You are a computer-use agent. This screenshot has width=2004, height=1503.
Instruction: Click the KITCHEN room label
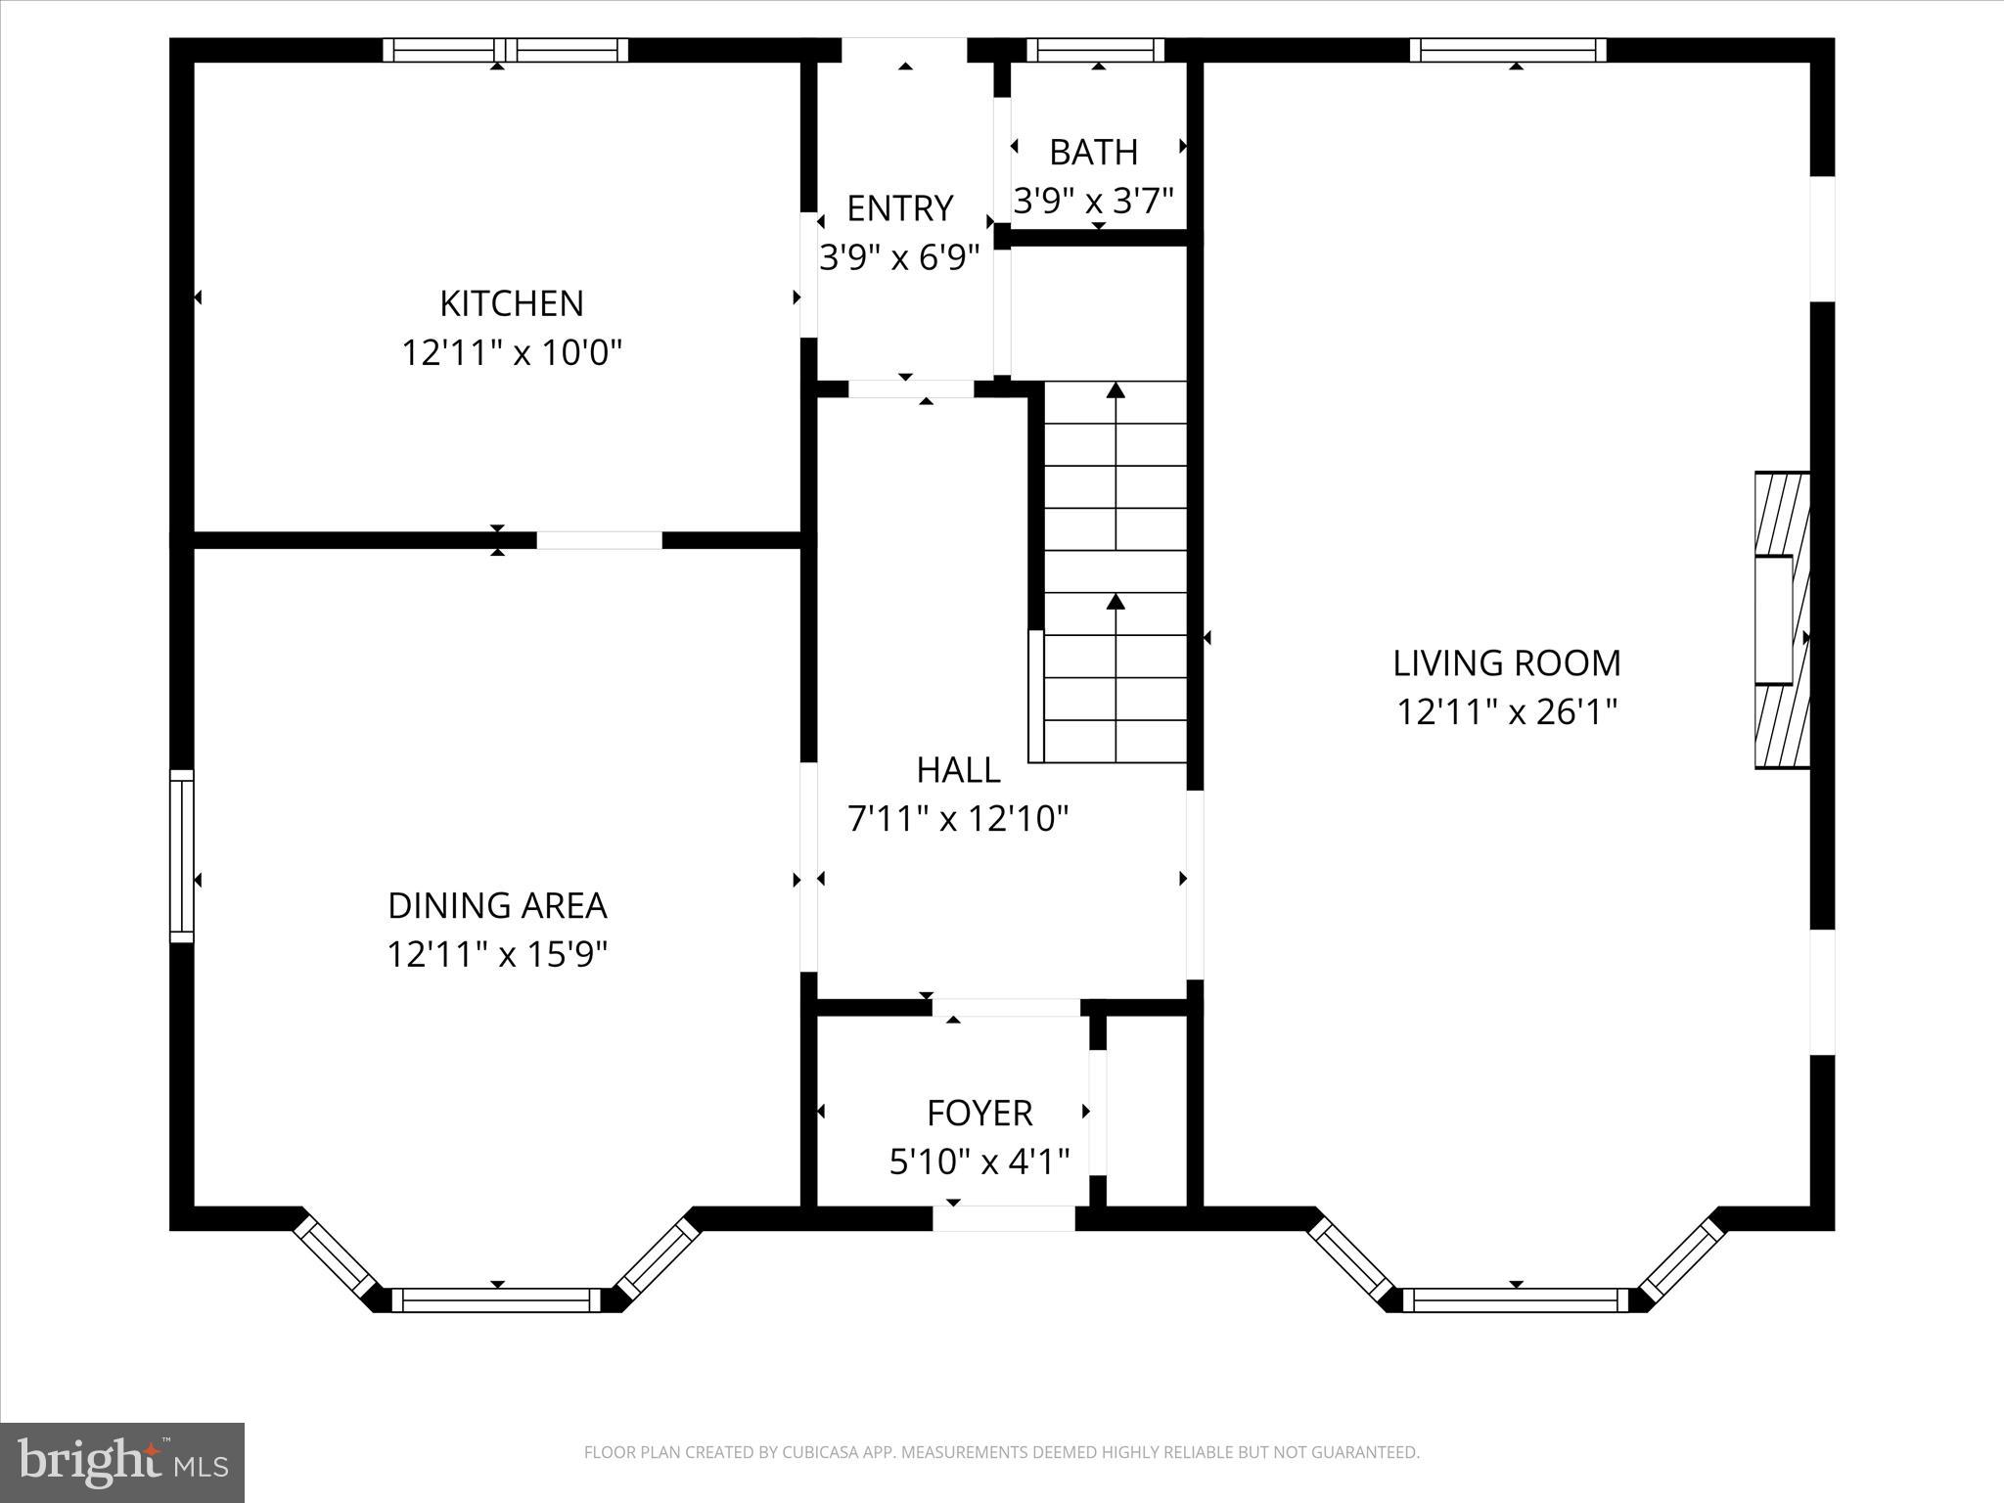point(511,303)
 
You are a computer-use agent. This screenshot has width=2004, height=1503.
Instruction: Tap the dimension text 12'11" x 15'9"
point(497,954)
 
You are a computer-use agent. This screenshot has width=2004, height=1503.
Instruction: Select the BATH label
point(1093,153)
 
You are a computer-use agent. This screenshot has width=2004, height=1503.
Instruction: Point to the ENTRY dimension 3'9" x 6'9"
point(899,258)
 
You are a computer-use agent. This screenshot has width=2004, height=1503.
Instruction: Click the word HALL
point(958,771)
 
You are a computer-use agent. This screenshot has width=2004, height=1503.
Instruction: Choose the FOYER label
point(979,1114)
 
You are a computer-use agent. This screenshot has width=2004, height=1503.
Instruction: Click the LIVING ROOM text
point(1506,663)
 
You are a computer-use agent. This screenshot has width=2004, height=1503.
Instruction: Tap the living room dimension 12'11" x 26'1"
point(1506,712)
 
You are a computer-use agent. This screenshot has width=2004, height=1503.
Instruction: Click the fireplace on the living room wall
point(1781,620)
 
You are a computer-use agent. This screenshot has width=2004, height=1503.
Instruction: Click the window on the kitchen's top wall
point(504,50)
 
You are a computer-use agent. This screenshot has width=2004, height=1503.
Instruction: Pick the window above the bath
point(1095,50)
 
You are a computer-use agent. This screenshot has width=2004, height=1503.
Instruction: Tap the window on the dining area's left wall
point(182,856)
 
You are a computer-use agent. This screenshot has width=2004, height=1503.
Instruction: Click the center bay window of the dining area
point(497,1299)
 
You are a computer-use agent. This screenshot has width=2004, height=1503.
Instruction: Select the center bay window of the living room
point(1516,1299)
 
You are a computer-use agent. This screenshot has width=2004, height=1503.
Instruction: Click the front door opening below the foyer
point(1003,1218)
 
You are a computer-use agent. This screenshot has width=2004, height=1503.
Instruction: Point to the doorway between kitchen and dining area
point(599,540)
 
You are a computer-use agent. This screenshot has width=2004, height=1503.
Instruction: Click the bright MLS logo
point(122,1462)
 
